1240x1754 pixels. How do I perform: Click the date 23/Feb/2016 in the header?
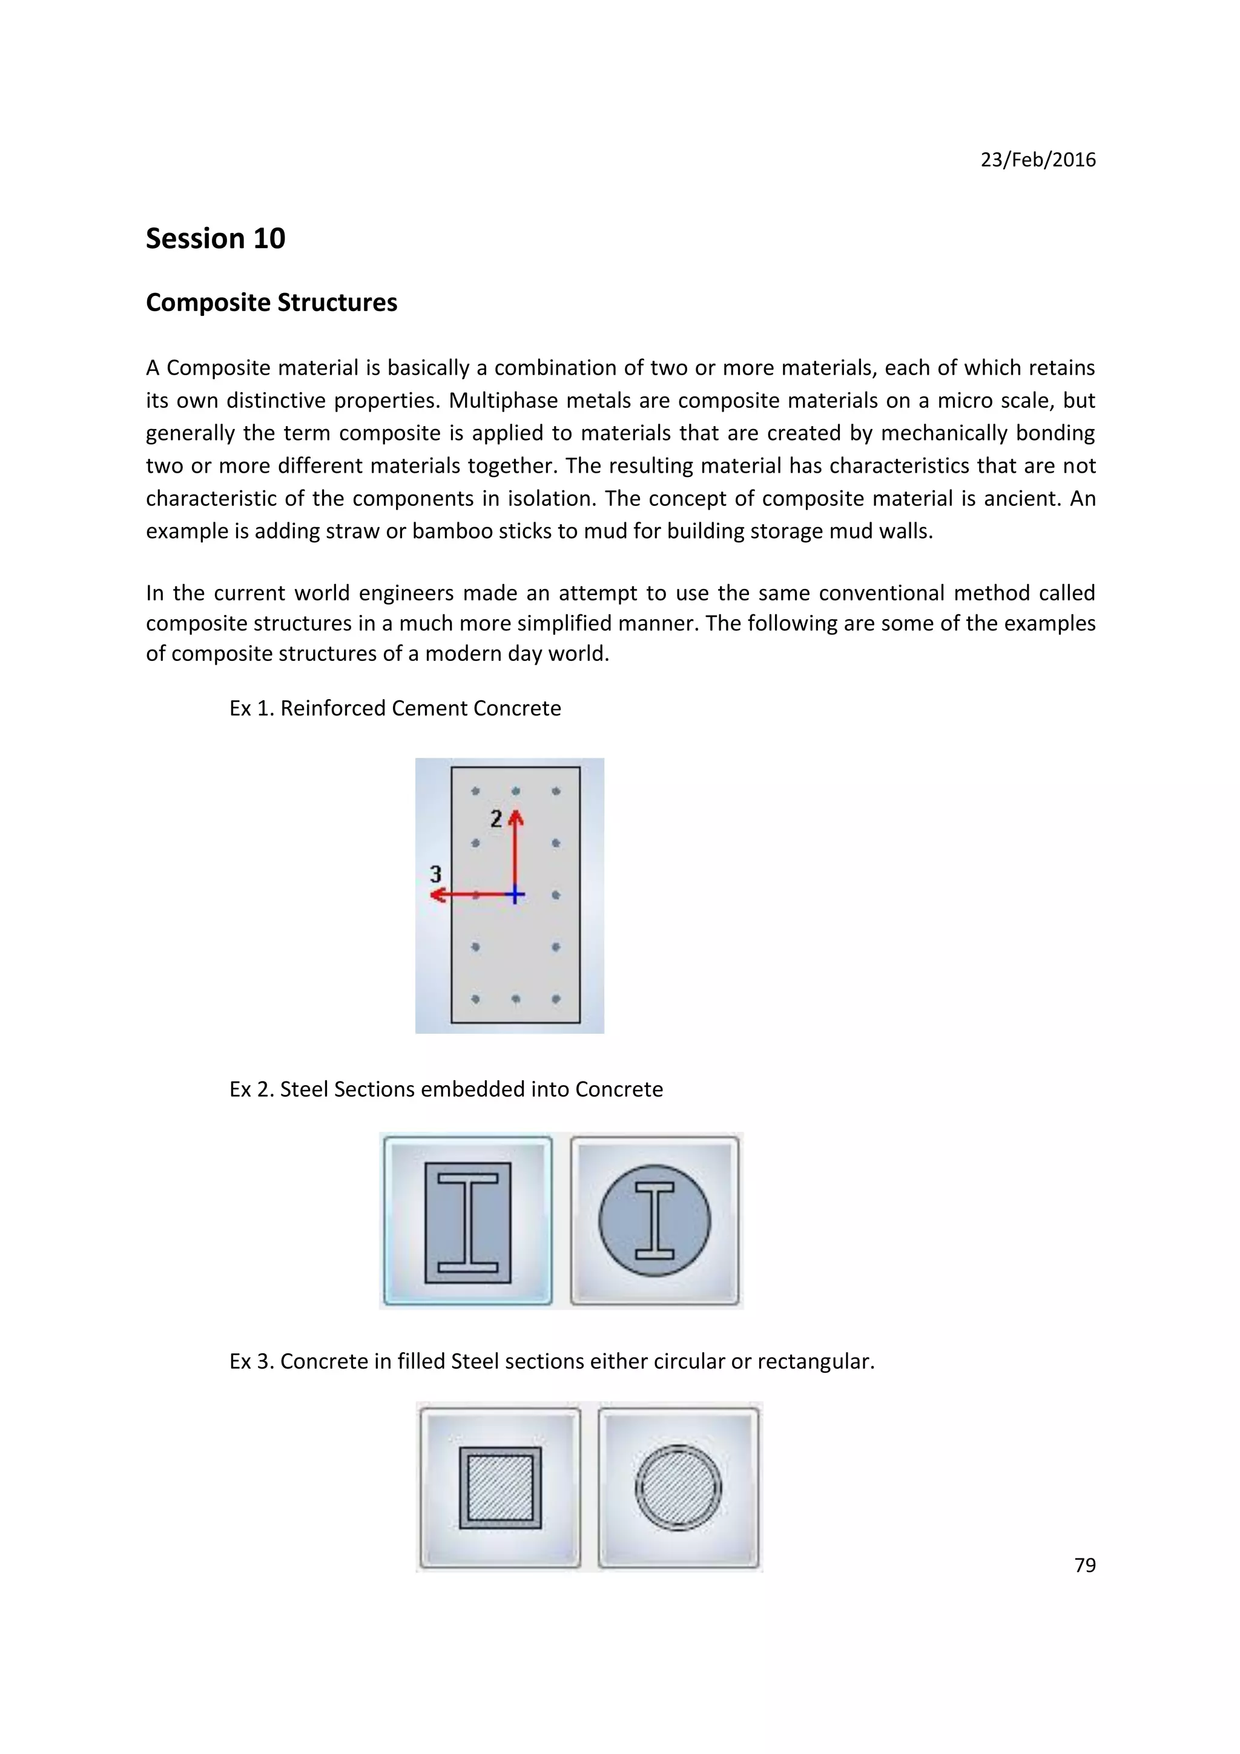pos(1038,160)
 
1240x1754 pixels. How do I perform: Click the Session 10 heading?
pos(216,238)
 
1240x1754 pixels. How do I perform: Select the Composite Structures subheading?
pos(271,303)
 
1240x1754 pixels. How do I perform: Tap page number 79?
pos(1084,1565)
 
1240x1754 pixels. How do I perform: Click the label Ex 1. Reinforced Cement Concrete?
pos(395,708)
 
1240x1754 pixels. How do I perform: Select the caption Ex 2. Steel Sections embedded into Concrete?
pos(446,1089)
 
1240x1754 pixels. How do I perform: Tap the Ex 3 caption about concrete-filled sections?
pos(552,1361)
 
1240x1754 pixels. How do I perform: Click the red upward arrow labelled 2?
pos(516,848)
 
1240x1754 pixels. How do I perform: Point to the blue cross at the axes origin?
pos(516,895)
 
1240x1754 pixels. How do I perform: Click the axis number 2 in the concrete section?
pos(496,819)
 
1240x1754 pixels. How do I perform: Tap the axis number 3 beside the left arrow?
pos(435,873)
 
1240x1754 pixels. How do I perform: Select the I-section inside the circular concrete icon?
pos(655,1220)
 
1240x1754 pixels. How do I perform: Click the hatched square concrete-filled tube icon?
pos(501,1486)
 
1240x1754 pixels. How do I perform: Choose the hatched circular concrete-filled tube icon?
pos(679,1486)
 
